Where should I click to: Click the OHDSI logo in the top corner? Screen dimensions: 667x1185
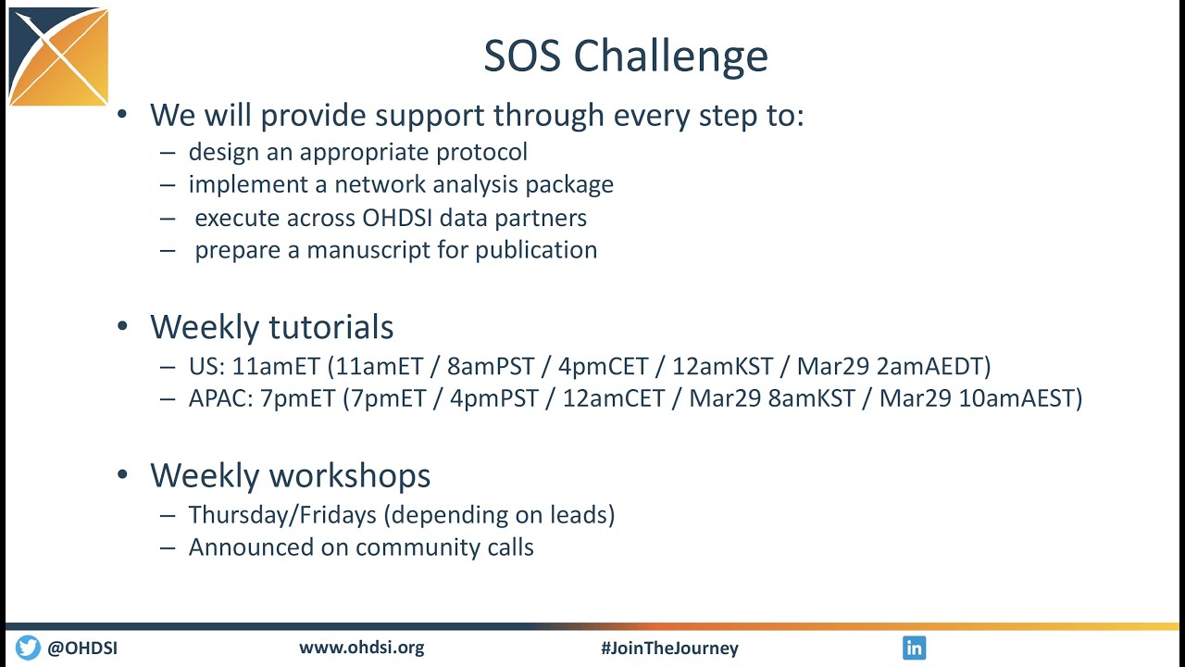click(x=58, y=57)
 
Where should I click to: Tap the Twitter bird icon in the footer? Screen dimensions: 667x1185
click(x=28, y=648)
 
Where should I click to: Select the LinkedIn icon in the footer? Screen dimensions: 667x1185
click(x=914, y=648)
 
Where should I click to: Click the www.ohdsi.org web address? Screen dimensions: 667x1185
click(x=361, y=648)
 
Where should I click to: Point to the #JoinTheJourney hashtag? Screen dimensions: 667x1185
click(x=669, y=648)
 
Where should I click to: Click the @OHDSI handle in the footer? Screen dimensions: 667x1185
click(x=82, y=648)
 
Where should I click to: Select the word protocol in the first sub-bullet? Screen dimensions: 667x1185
click(x=481, y=152)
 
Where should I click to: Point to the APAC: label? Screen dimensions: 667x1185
click(x=220, y=398)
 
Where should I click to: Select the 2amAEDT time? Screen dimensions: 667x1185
click(x=929, y=366)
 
